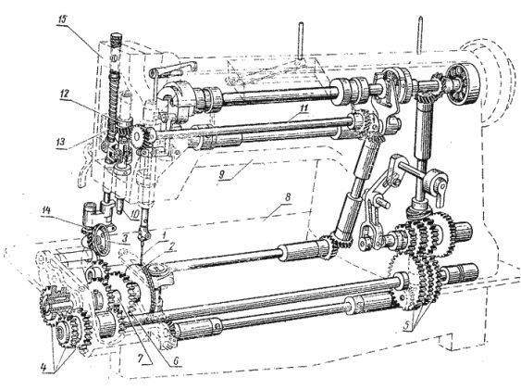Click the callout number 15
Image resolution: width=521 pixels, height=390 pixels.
[63, 19]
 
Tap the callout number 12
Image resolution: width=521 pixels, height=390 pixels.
[66, 94]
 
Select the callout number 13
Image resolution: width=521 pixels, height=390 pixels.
[62, 143]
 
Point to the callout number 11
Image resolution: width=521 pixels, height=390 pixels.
[304, 107]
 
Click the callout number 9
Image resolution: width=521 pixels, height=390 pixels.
[222, 174]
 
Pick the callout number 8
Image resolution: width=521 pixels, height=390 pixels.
[287, 197]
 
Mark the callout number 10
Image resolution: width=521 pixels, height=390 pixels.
[134, 215]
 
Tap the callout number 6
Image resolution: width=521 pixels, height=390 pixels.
[176, 360]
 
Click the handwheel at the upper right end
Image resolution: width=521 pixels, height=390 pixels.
[462, 83]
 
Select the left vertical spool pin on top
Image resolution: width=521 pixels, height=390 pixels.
[301, 41]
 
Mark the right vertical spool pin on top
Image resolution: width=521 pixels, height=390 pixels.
[420, 34]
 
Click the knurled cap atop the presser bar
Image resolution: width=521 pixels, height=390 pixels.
[117, 39]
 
